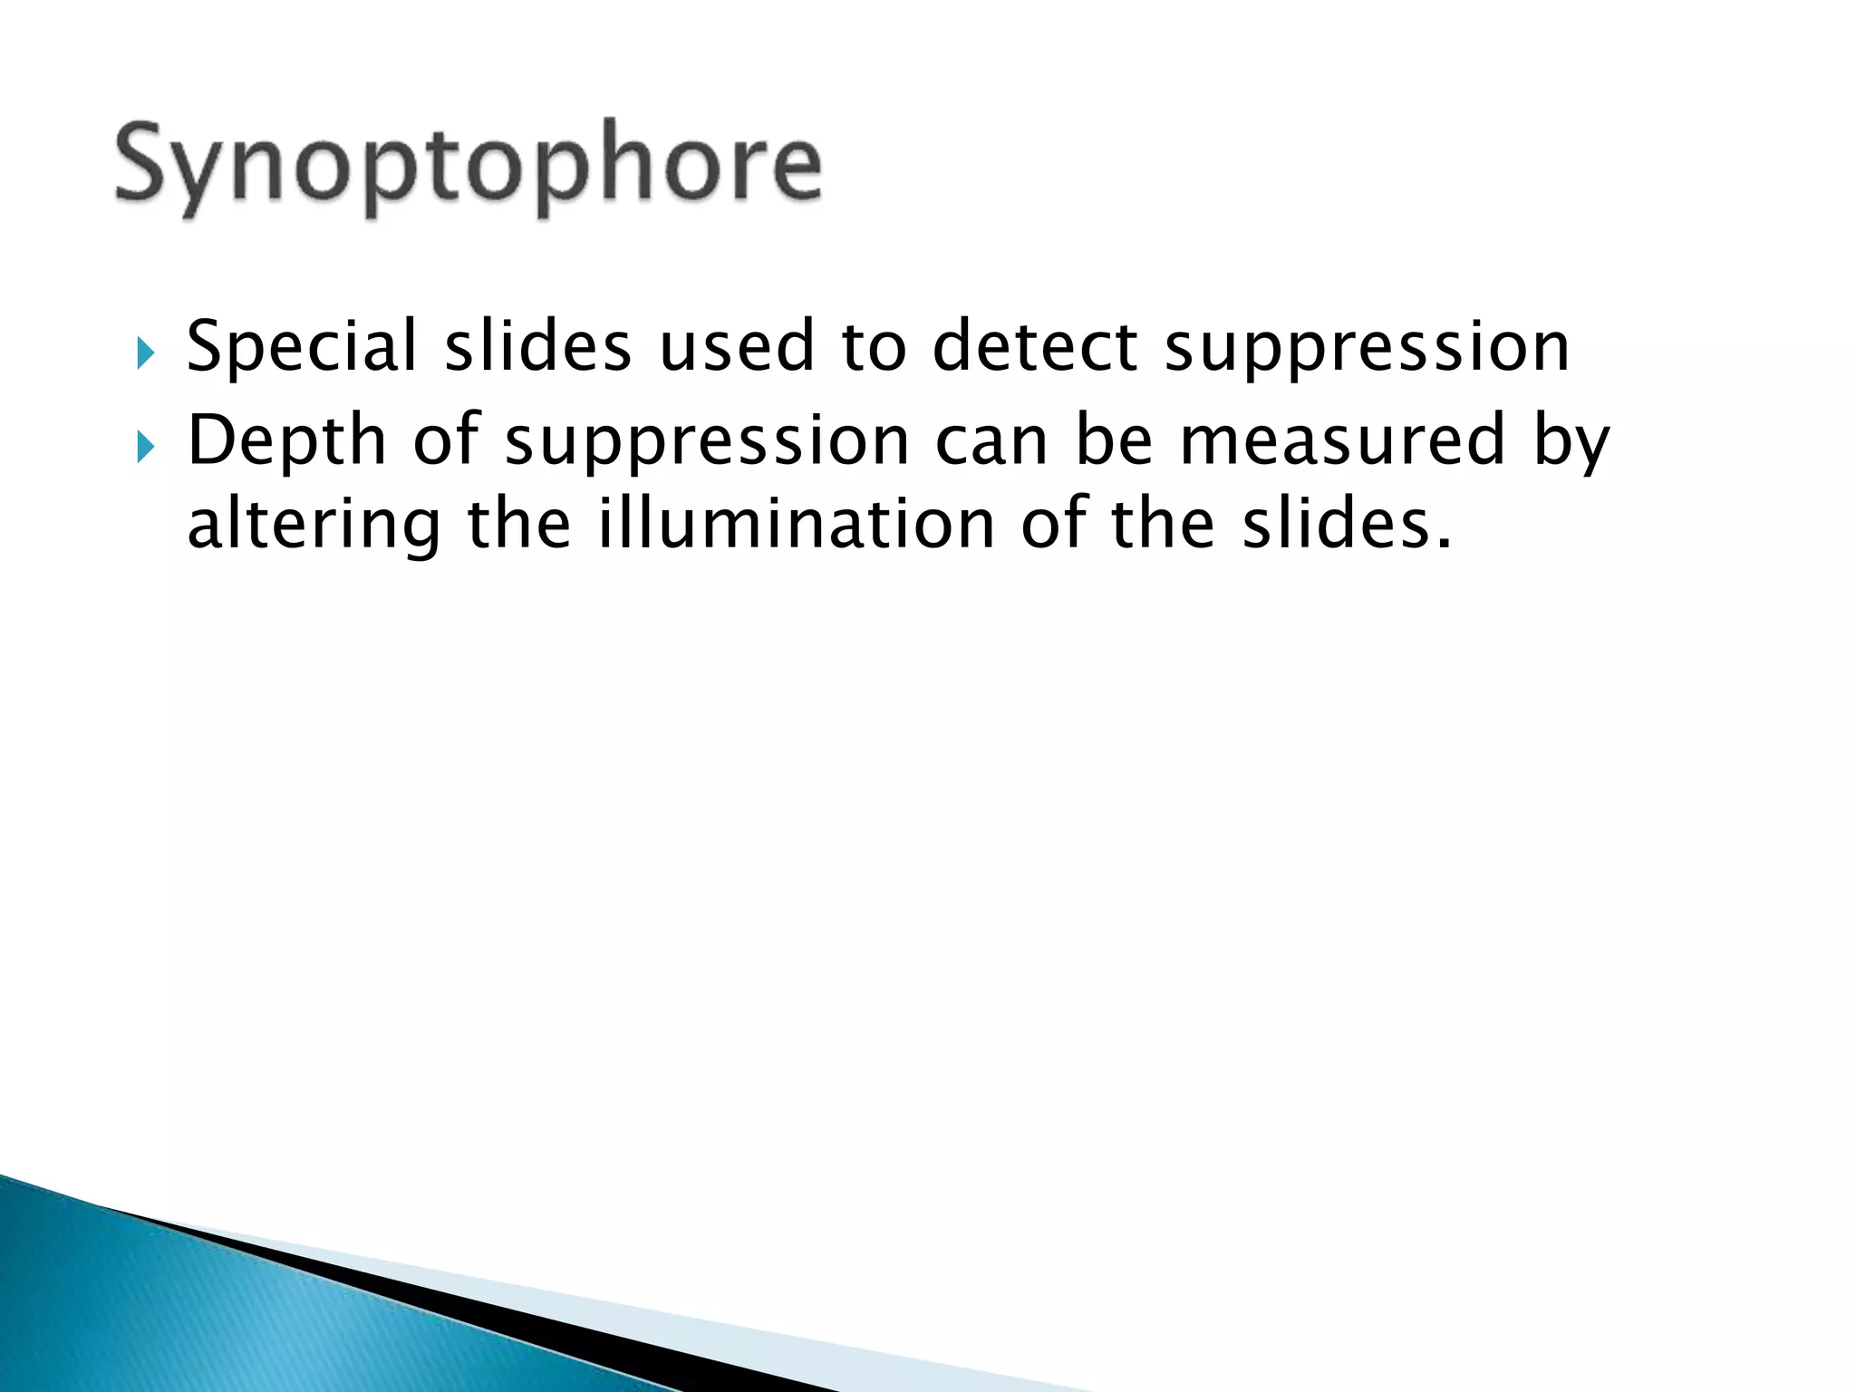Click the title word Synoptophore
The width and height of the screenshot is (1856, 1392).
[469, 167]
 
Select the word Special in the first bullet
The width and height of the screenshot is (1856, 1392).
[301, 347]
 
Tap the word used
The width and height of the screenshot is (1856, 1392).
[736, 347]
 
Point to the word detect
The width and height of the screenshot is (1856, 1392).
[1034, 347]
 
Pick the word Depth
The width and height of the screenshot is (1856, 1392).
[286, 440]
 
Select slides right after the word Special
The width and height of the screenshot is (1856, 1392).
[537, 347]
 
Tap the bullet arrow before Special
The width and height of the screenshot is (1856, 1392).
[146, 353]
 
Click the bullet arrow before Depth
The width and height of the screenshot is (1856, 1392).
[146, 446]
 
